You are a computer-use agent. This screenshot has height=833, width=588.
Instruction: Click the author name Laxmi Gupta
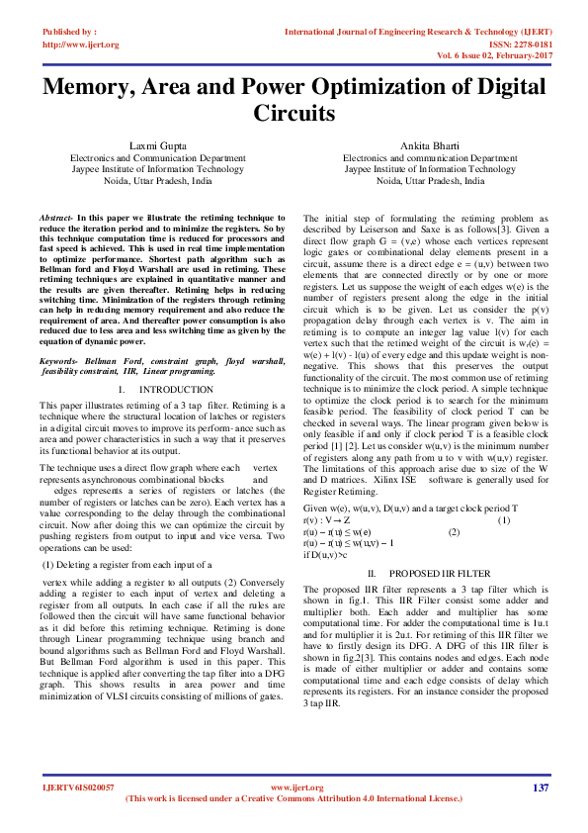coord(157,146)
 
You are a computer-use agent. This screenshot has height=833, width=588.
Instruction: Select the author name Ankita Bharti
coord(431,146)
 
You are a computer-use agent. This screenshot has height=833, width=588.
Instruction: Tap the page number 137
coord(540,787)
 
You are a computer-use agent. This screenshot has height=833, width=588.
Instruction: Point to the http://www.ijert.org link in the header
coord(81,45)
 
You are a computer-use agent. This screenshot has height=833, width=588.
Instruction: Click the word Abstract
coord(56,216)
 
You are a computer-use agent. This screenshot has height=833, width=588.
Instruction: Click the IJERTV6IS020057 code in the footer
coord(79,787)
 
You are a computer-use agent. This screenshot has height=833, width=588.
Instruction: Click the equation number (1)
coord(504,521)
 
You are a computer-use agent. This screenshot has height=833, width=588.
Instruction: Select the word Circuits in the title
coord(294,113)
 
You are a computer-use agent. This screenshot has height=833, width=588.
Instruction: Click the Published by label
coord(69,33)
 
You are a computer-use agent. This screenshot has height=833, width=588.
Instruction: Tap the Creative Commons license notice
coord(294,798)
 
